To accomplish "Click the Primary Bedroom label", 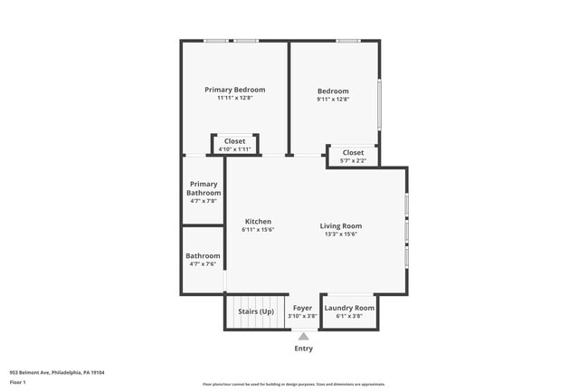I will pos(234,90).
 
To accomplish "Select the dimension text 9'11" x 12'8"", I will pos(333,100).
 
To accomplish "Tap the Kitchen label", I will pos(258,222).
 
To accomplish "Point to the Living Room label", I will pos(340,225).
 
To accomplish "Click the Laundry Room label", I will pos(349,308).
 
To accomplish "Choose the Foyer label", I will pos(302,308).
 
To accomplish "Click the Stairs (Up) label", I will pos(256,311).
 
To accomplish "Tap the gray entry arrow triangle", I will pos(303,336).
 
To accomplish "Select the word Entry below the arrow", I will pos(303,349).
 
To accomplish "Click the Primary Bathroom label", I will pos(204,188).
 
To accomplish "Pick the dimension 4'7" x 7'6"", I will pos(204,264).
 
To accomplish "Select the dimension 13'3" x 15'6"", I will pos(341,234).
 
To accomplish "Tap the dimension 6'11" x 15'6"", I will pos(258,230).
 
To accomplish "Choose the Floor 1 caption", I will pos(18,383).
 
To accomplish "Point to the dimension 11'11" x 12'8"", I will pos(234,99).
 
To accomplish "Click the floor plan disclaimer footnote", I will pos(293,384).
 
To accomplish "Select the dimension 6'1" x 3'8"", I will pos(349,316).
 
